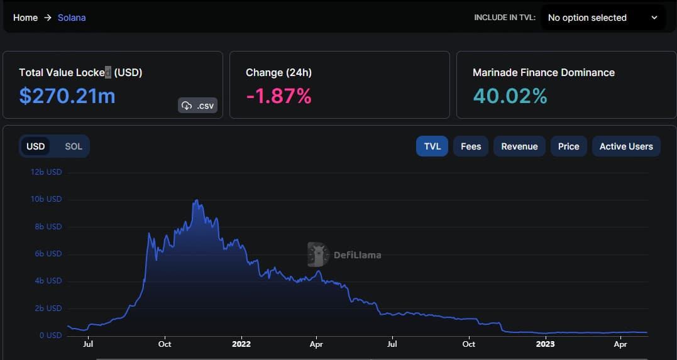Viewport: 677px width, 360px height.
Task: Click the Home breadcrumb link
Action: [x=26, y=18]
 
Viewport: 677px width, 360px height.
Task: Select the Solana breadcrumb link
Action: [x=72, y=18]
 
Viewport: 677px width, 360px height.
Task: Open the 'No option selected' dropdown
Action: [x=603, y=18]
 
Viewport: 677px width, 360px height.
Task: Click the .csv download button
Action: [x=198, y=106]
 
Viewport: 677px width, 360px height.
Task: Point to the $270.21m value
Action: [x=67, y=96]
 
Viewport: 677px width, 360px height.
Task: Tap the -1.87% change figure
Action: [x=278, y=96]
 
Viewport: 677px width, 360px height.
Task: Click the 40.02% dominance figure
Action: [x=510, y=96]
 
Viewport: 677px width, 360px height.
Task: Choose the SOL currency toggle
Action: [x=74, y=146]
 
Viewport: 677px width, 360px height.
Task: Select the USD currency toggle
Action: [x=35, y=146]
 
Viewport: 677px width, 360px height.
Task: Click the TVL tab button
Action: [x=432, y=146]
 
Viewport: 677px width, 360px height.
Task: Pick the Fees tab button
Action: [x=471, y=146]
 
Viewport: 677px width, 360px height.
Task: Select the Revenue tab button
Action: [x=519, y=146]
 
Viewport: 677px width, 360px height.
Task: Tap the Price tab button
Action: [x=569, y=146]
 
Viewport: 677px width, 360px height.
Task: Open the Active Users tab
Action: [x=626, y=146]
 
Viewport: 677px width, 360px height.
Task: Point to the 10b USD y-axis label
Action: [x=46, y=199]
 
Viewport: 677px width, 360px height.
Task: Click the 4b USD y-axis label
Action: [x=48, y=281]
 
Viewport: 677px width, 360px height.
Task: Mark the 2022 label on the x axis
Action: [x=241, y=344]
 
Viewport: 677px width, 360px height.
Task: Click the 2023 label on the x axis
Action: [x=545, y=344]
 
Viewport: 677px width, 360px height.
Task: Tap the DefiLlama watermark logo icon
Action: [x=318, y=254]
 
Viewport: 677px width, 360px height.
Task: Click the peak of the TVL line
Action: [x=197, y=200]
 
